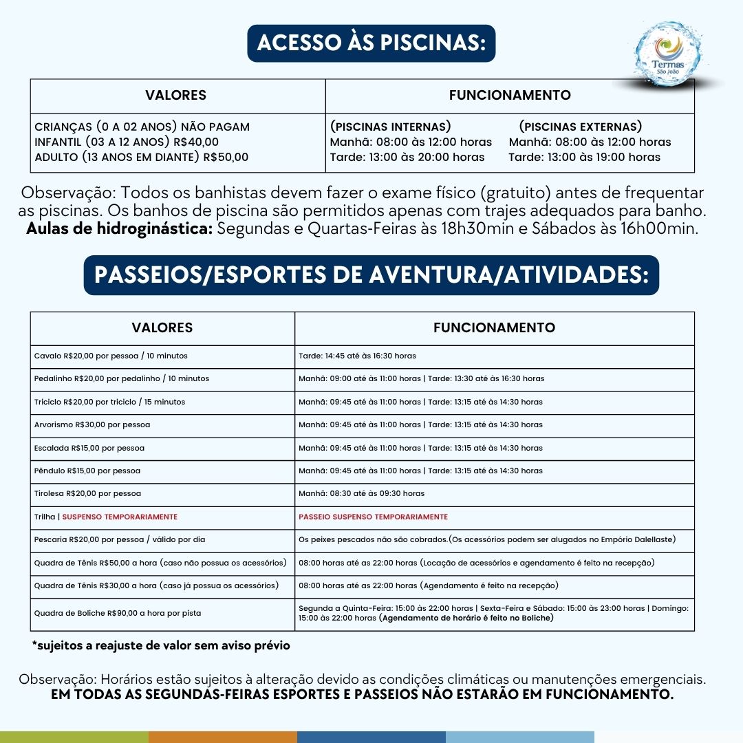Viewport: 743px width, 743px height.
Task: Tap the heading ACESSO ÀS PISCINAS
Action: (x=371, y=43)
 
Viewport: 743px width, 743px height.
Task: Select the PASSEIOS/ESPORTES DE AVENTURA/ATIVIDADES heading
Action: (x=371, y=274)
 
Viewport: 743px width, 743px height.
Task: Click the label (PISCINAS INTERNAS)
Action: (x=391, y=127)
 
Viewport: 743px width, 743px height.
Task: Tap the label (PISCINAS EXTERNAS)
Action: (x=580, y=127)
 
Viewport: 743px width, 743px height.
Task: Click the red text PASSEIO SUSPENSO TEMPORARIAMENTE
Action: (x=373, y=517)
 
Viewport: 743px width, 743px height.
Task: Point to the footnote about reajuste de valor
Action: (x=161, y=645)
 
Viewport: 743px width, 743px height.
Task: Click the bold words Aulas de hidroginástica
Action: (x=119, y=228)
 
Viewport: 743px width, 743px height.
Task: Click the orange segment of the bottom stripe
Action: (x=222, y=737)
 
